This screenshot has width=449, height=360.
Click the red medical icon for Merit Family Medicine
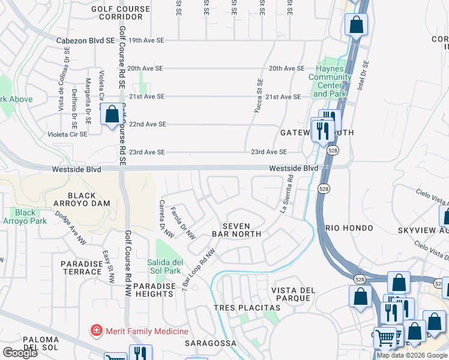pos(95,331)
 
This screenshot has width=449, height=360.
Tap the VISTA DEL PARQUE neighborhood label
pos(293,295)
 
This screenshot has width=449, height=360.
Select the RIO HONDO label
pos(350,229)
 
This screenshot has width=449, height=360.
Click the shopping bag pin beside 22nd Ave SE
pos(112,114)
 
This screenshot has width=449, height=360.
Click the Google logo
pos(19,353)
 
